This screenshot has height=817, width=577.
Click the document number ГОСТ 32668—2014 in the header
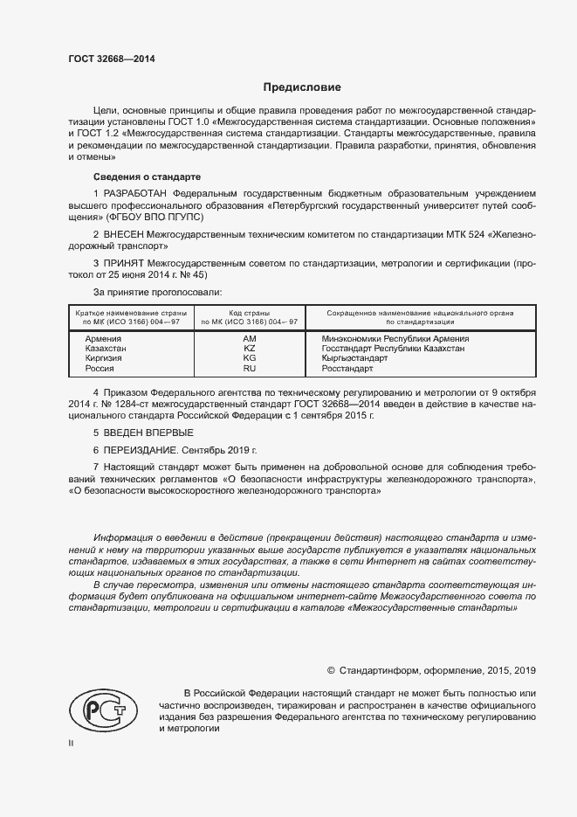click(x=112, y=59)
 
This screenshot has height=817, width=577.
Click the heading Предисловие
click(x=302, y=87)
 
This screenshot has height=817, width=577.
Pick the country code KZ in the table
click(x=249, y=348)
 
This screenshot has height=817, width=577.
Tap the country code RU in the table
click(x=249, y=369)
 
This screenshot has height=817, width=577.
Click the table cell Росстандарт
click(x=354, y=369)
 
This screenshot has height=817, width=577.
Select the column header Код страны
click(x=249, y=312)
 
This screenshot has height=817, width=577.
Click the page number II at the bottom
click(x=72, y=743)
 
